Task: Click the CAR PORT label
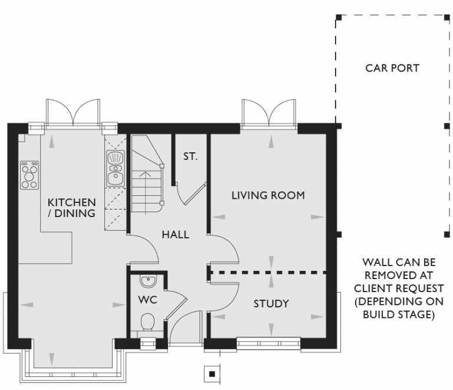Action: (392, 68)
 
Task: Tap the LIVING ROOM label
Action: (268, 195)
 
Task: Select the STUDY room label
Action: (271, 304)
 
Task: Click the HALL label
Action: (175, 235)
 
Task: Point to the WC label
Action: (147, 300)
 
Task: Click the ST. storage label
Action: (190, 157)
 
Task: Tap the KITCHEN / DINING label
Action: (71, 208)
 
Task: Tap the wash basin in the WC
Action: (146, 280)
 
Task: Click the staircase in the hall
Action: (147, 177)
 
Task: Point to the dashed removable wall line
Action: (268, 273)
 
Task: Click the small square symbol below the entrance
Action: (211, 373)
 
